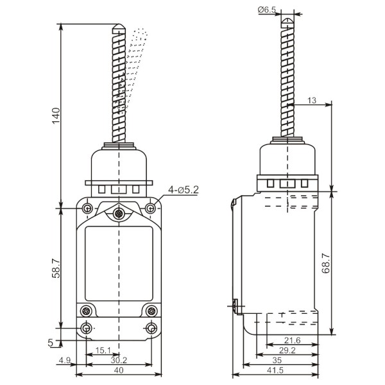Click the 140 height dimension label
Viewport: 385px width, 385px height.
click(56, 116)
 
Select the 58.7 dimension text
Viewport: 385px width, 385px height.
click(56, 268)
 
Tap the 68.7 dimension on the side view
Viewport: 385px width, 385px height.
click(326, 264)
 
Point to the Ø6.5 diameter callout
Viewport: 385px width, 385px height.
click(267, 10)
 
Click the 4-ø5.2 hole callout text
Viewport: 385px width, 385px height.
click(183, 189)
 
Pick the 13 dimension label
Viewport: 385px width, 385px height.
click(312, 101)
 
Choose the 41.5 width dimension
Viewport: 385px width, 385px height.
click(275, 370)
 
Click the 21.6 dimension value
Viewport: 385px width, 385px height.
click(292, 340)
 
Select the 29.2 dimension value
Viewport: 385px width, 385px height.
click(287, 350)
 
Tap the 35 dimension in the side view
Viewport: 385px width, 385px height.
click(277, 360)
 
